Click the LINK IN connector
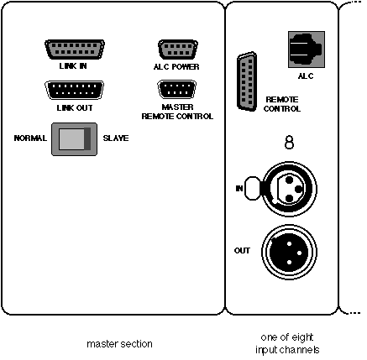point(75,50)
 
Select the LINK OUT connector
point(74,90)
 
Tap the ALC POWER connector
point(178,50)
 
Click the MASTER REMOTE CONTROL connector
point(177,89)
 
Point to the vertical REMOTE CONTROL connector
point(247,81)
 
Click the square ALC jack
point(307,50)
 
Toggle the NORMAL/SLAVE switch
point(75,139)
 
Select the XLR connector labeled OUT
point(290,253)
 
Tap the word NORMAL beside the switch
point(30,138)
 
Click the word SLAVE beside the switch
point(116,138)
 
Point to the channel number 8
point(289,142)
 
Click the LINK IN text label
point(73,66)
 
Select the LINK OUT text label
point(75,108)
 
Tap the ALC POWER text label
point(176,67)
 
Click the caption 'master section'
point(119,344)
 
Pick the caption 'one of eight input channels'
point(287,344)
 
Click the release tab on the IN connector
point(253,188)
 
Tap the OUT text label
point(242,251)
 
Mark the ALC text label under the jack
point(306,76)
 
